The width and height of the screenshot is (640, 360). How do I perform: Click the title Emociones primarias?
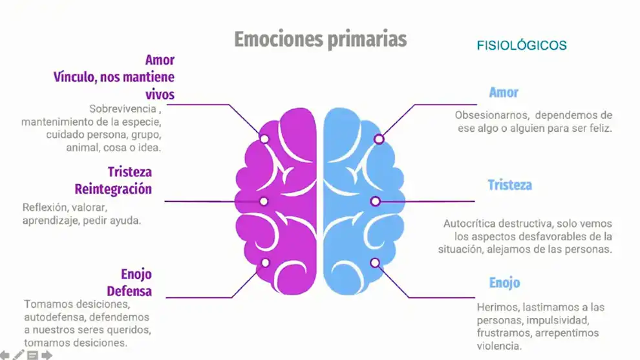[321, 40]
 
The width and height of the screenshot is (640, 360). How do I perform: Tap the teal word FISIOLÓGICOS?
[522, 45]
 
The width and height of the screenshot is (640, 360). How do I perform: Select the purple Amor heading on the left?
[160, 60]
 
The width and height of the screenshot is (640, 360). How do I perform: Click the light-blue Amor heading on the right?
[504, 92]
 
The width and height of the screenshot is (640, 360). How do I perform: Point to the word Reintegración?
[113, 189]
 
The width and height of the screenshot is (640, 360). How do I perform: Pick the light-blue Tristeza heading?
[510, 185]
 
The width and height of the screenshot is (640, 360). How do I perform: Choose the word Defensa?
[129, 291]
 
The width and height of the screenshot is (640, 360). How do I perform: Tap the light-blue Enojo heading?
[504, 283]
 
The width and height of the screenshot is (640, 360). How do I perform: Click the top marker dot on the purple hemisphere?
[264, 139]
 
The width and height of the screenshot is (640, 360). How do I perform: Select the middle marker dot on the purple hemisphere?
[264, 201]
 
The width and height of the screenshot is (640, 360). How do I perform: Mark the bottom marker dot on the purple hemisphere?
[265, 263]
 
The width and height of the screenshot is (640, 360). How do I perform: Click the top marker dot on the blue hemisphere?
[379, 140]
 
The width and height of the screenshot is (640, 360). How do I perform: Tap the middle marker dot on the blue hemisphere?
[376, 201]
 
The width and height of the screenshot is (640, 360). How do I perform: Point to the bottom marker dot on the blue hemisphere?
[375, 263]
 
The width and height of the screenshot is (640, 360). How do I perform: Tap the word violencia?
[499, 346]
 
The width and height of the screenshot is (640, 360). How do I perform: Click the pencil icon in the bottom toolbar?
[18, 355]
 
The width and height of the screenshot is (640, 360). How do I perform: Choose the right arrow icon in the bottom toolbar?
[47, 355]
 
